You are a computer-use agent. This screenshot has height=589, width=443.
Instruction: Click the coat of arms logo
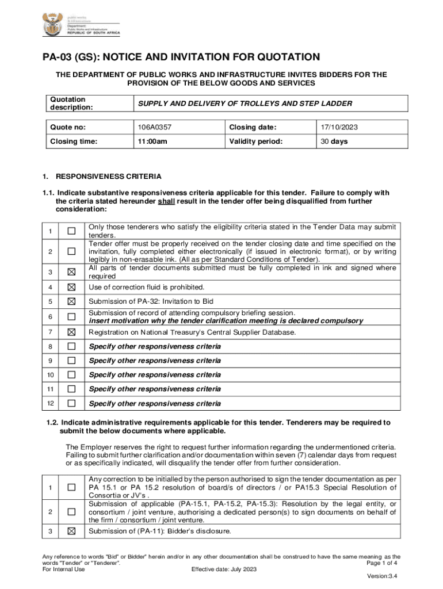pos(49,26)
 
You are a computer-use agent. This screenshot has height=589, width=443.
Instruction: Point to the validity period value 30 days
pos(334,141)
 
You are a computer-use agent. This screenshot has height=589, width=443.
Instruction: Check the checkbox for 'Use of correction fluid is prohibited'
pos(71,287)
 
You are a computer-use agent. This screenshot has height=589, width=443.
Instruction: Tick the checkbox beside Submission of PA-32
pos(71,301)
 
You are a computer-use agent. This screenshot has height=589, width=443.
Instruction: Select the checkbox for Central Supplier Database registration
pos(71,332)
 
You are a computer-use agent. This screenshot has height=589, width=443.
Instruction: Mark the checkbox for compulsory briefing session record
pos(71,316)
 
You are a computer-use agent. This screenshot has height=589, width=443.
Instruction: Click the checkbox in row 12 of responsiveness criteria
pos(71,404)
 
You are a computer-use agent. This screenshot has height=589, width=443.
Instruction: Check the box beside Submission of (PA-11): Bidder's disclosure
pos(71,531)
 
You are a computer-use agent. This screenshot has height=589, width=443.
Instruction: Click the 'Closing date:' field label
pos(253,127)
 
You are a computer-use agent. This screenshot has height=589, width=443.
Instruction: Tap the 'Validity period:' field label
pos(256,141)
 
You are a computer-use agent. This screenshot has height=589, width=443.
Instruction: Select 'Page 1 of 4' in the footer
pos(383,563)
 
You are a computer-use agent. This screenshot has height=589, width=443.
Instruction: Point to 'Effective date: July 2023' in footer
pos(224,569)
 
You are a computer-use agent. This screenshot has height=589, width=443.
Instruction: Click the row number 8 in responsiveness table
pos(50,346)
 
